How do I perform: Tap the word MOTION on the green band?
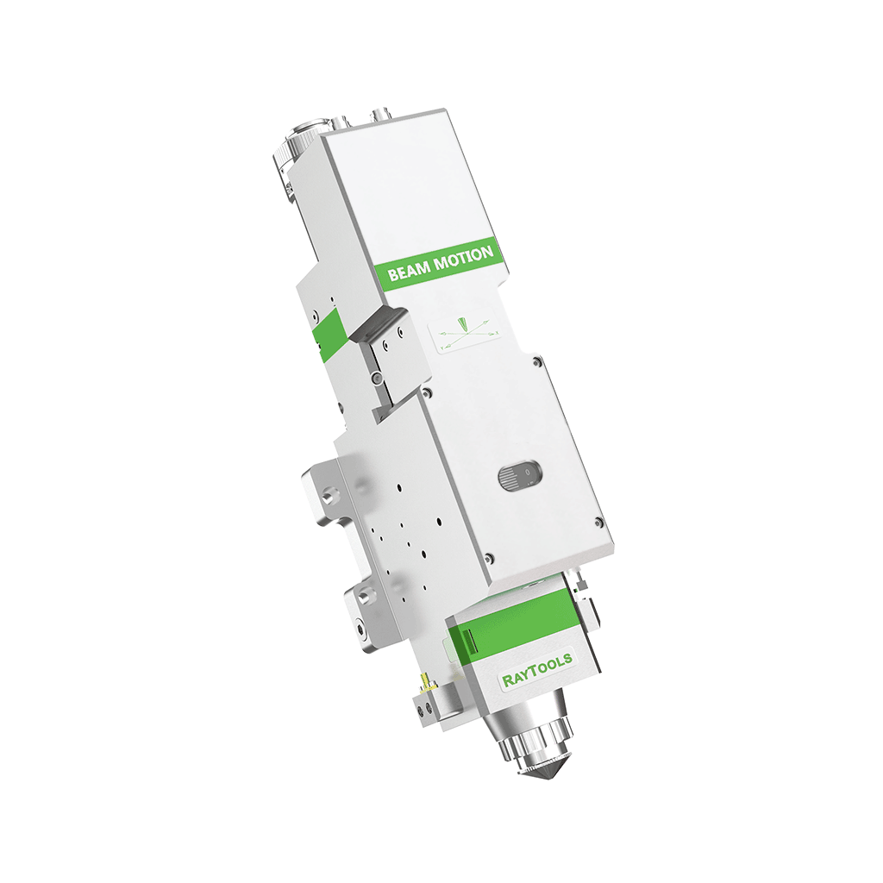(x=463, y=258)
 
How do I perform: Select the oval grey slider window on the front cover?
(x=520, y=474)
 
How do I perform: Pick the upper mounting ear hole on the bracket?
(x=328, y=497)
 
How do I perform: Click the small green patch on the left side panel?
(x=329, y=335)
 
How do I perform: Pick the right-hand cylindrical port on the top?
(x=378, y=115)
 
